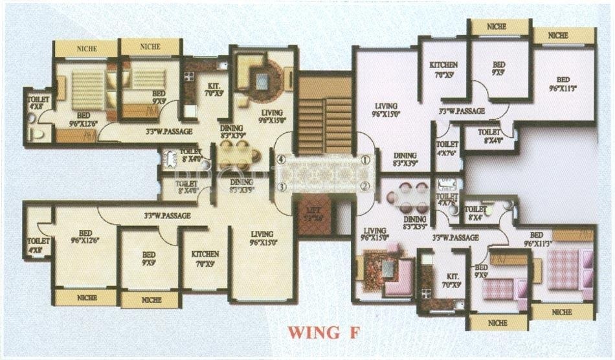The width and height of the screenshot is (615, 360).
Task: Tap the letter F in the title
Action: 350,333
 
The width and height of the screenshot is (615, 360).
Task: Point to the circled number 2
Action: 365,186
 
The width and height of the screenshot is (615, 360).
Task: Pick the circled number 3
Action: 281,186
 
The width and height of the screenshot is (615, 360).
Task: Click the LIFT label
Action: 315,214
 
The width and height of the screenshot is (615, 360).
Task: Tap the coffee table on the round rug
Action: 262,82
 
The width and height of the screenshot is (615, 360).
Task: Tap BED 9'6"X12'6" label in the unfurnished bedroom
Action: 85,238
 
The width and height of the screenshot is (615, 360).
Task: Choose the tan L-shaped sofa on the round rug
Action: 252,71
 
